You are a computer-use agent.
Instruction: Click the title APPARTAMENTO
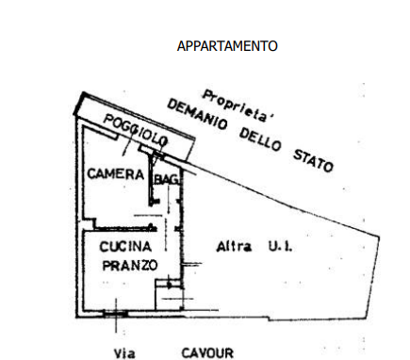click(227, 46)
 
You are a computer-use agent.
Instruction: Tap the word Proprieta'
click(238, 106)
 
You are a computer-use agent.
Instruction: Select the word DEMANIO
click(197, 115)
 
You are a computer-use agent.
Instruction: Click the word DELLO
click(260, 139)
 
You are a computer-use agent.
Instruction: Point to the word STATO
click(313, 160)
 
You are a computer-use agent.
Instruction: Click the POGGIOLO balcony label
click(136, 130)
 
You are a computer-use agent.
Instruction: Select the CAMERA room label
click(116, 174)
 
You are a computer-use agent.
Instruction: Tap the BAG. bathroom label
click(167, 180)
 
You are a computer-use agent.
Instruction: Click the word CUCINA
click(125, 247)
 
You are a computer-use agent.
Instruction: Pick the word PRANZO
click(130, 266)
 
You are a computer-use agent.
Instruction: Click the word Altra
click(234, 246)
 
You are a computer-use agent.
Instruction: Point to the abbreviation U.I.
click(280, 246)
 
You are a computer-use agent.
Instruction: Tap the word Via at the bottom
click(124, 353)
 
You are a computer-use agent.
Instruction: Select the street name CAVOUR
click(207, 353)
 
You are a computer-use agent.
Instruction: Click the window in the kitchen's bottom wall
click(116, 313)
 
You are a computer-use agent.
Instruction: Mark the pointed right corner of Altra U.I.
click(379, 237)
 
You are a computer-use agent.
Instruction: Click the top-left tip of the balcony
click(83, 92)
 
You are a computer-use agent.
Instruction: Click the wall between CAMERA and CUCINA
click(123, 229)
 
